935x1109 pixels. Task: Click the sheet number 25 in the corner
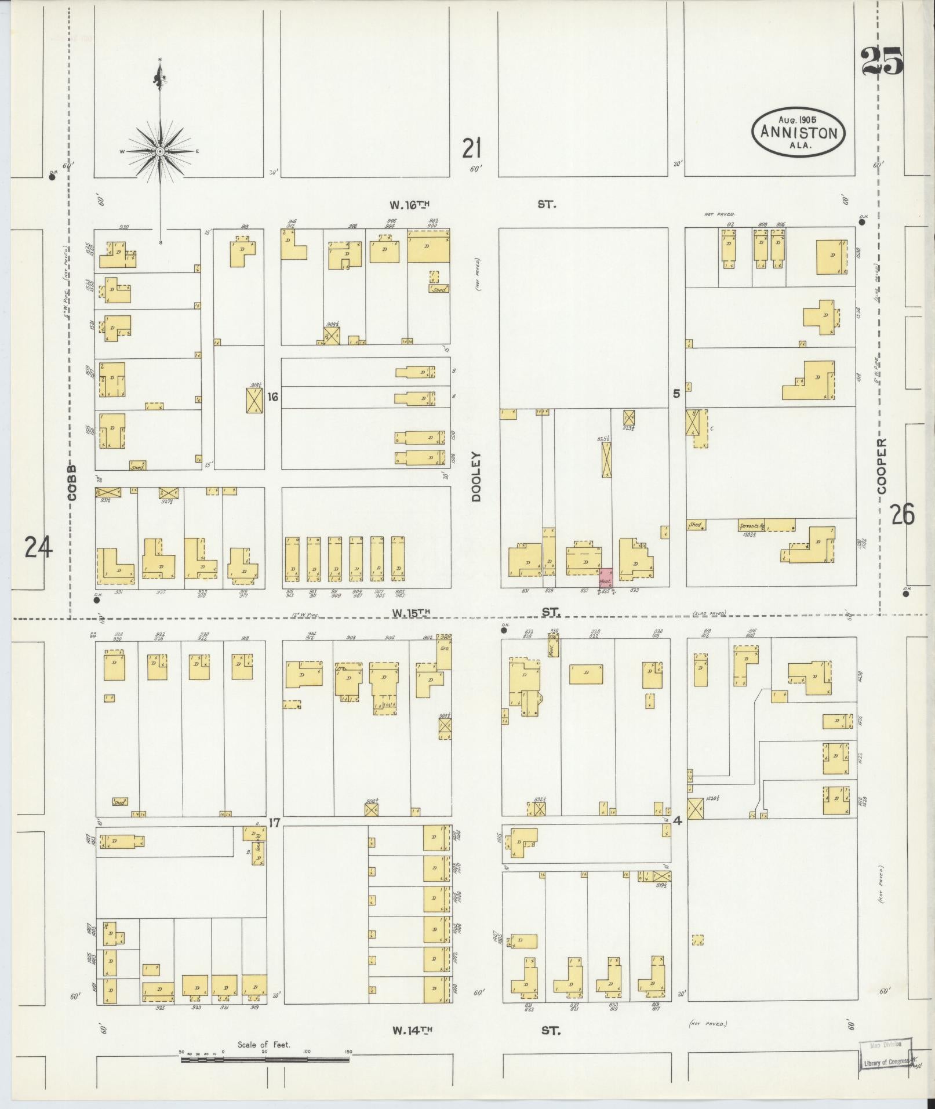click(882, 62)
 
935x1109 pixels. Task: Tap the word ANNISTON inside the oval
click(798, 133)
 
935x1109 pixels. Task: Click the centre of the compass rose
click(159, 151)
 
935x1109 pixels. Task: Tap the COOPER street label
click(882, 466)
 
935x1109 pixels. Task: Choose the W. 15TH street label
click(412, 612)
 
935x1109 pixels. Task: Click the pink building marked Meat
click(605, 578)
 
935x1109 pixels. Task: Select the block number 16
click(273, 397)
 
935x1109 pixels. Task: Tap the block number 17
click(274, 822)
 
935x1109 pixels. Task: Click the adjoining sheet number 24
click(38, 547)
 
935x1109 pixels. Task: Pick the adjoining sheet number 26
click(903, 514)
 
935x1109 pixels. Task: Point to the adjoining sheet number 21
click(472, 148)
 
